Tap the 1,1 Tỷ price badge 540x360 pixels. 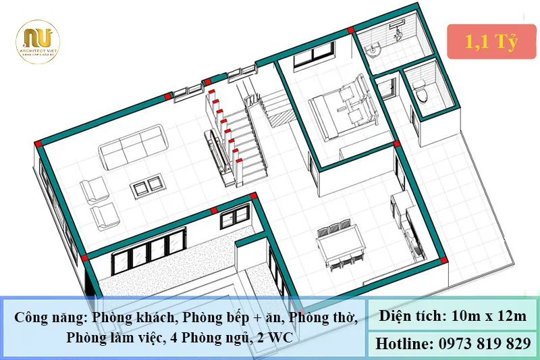[x=491, y=42]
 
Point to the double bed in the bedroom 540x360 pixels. [x=346, y=105]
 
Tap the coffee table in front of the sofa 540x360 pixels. [x=147, y=184]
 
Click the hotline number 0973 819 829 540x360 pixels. [x=481, y=344]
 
